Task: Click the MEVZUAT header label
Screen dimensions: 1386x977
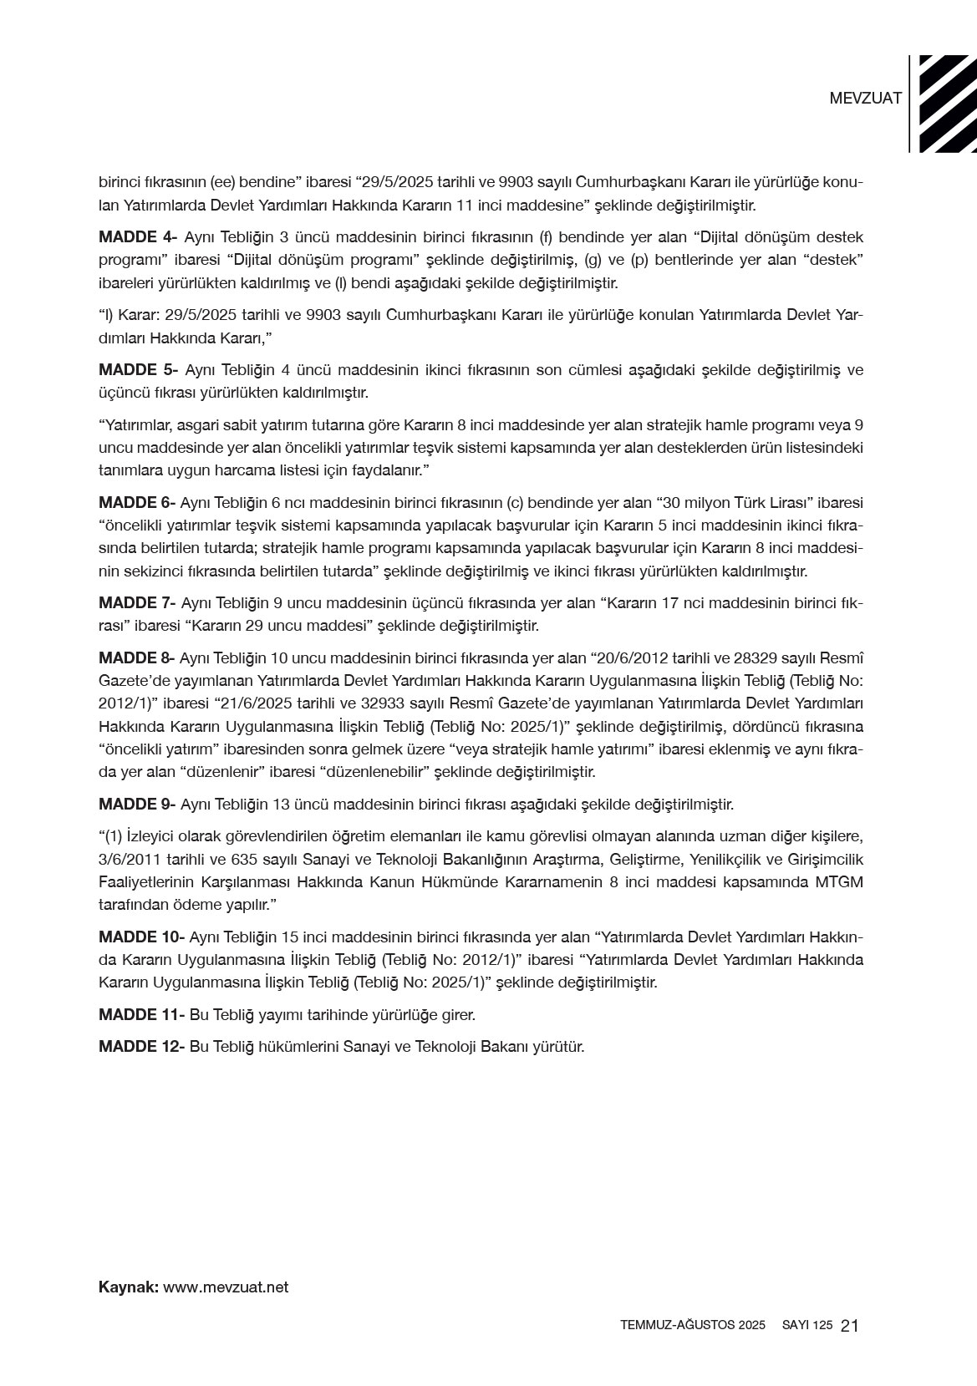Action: tap(865, 98)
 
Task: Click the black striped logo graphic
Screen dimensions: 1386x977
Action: tap(947, 104)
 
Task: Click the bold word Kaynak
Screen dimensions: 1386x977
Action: tap(128, 1287)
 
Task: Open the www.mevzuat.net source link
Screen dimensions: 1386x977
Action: tap(226, 1287)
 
